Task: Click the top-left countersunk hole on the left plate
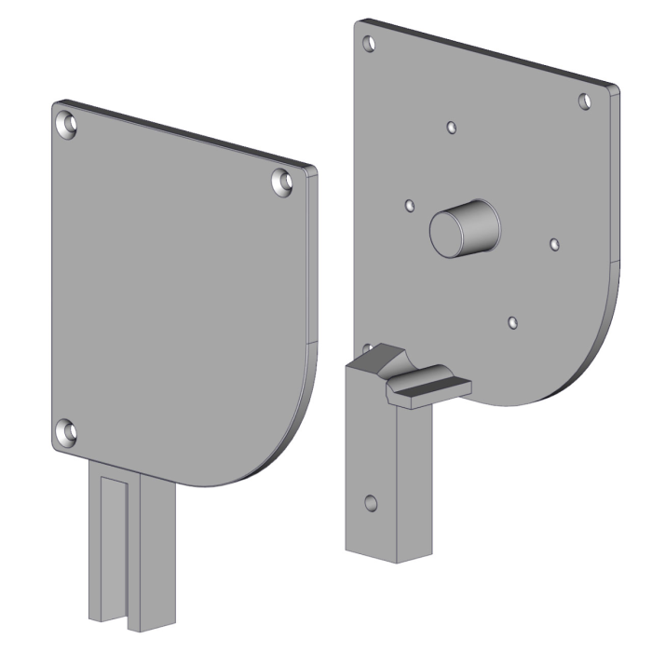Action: (x=68, y=124)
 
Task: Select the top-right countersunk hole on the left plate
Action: (x=281, y=181)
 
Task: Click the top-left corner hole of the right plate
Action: (x=370, y=43)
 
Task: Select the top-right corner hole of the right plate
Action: (x=585, y=101)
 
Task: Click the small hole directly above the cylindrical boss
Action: (x=451, y=127)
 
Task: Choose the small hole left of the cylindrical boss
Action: (x=408, y=204)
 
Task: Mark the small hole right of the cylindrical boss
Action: (x=554, y=244)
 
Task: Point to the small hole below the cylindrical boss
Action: (x=511, y=322)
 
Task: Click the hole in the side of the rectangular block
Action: (x=370, y=504)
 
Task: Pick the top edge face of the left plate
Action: (x=186, y=133)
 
